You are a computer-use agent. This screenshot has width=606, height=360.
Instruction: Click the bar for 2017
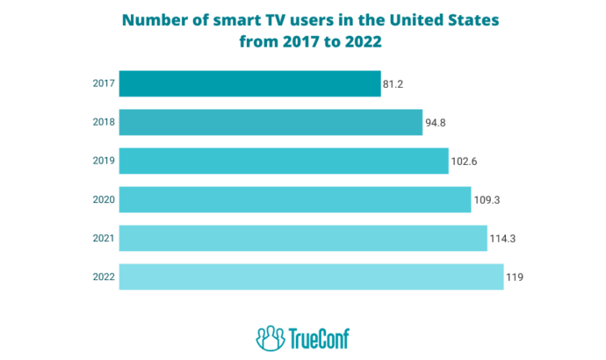point(249,83)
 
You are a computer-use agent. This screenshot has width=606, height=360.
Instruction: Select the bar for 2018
point(271,122)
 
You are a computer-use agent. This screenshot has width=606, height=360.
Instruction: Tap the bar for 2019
point(284,161)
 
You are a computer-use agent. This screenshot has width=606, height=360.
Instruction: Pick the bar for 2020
point(294,199)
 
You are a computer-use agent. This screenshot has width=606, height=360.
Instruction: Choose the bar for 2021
point(302,238)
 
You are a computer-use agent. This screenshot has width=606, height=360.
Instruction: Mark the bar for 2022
point(311,277)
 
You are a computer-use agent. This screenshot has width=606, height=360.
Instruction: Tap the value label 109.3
point(486,201)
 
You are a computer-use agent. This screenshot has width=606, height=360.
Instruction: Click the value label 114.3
point(501,240)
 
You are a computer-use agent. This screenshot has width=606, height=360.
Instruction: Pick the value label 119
point(514,278)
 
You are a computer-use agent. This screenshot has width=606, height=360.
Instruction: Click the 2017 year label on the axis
point(102,83)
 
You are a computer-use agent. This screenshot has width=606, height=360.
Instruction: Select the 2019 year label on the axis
point(102,161)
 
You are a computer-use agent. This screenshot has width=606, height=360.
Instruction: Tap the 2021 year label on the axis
point(102,238)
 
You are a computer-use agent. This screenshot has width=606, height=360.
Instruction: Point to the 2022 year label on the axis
point(102,277)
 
